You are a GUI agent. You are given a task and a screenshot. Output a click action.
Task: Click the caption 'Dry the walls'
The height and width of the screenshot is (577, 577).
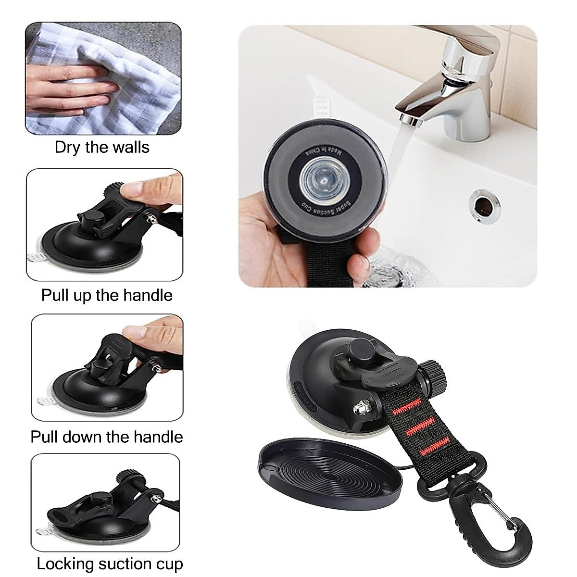pos(102,147)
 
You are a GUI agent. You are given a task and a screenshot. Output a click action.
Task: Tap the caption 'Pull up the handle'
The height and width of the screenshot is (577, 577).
pos(107,295)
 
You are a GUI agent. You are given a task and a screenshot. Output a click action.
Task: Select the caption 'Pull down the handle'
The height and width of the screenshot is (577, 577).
pos(107,437)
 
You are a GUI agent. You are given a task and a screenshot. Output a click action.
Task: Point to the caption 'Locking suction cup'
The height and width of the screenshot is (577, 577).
pos(110,564)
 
